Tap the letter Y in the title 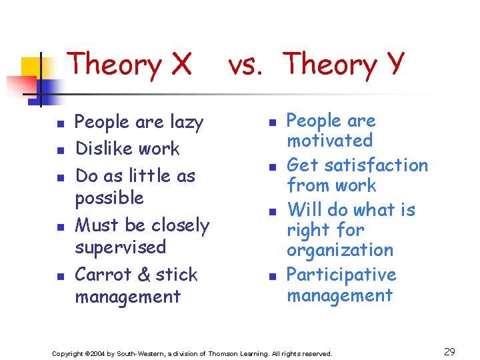click(x=393, y=65)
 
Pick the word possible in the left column click(x=109, y=199)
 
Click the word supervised click(x=120, y=247)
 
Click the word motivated click(x=329, y=141)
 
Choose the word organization click(x=340, y=251)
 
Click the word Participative click(x=341, y=275)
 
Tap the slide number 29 click(x=449, y=351)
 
